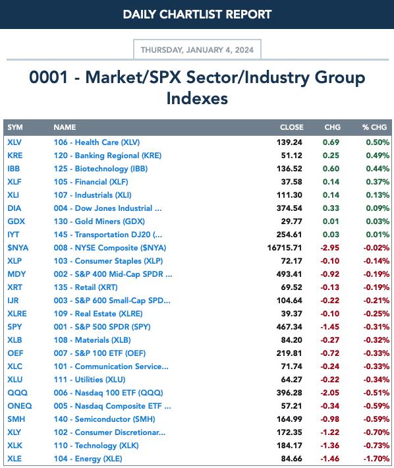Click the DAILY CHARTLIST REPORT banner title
pyautogui.click(x=197, y=15)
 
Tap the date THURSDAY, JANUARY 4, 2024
pyautogui.click(x=197, y=49)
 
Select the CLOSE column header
pyautogui.click(x=291, y=127)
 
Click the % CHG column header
pyautogui.click(x=375, y=127)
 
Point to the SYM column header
pyautogui.click(x=15, y=127)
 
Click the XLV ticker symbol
pyautogui.click(x=14, y=142)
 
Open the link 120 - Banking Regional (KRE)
pyautogui.click(x=107, y=156)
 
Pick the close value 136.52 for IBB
pyautogui.click(x=289, y=169)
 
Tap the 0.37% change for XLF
pyautogui.click(x=378, y=182)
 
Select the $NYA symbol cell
pyautogui.click(x=18, y=248)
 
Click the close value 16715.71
pyautogui.click(x=285, y=248)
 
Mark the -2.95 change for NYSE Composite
pyautogui.click(x=330, y=248)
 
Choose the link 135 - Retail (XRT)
pyautogui.click(x=86, y=287)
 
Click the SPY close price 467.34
pyautogui.click(x=289, y=327)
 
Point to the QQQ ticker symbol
pyautogui.click(x=17, y=393)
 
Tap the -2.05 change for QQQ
pyautogui.click(x=330, y=393)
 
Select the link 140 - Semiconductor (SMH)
pyautogui.click(x=104, y=419)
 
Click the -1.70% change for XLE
pyautogui.click(x=376, y=459)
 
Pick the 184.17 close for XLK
pyautogui.click(x=289, y=446)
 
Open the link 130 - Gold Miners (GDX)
pyautogui.click(x=99, y=221)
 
